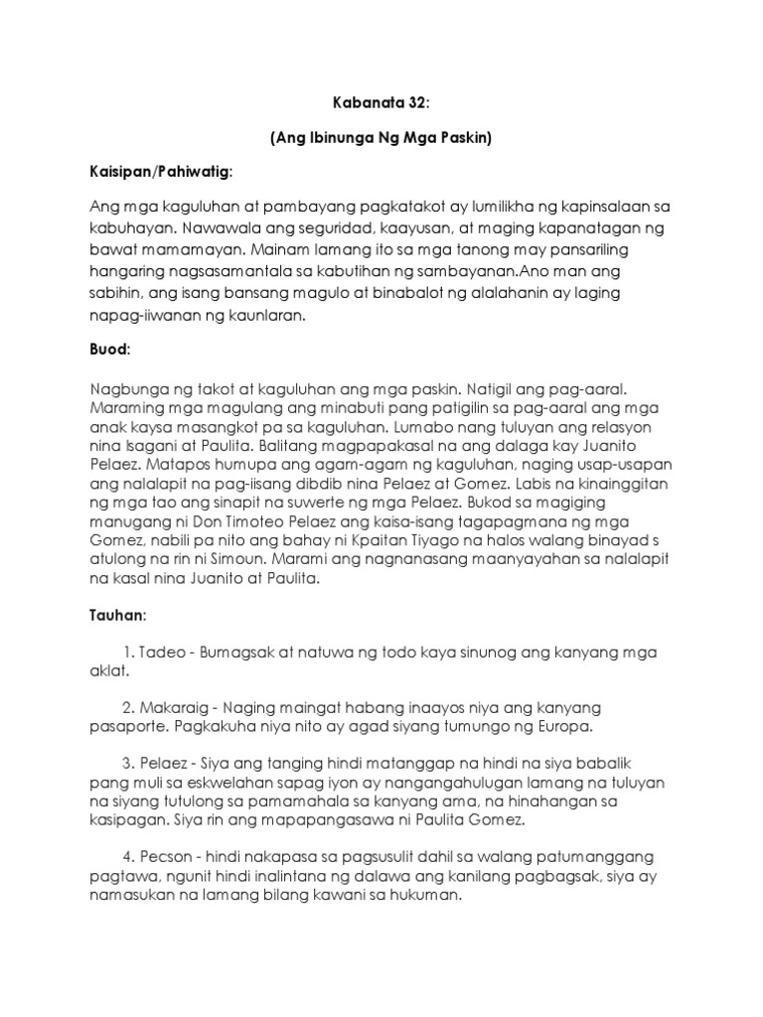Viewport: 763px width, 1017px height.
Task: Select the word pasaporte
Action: (x=129, y=726)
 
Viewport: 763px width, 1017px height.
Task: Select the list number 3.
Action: (x=128, y=763)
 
